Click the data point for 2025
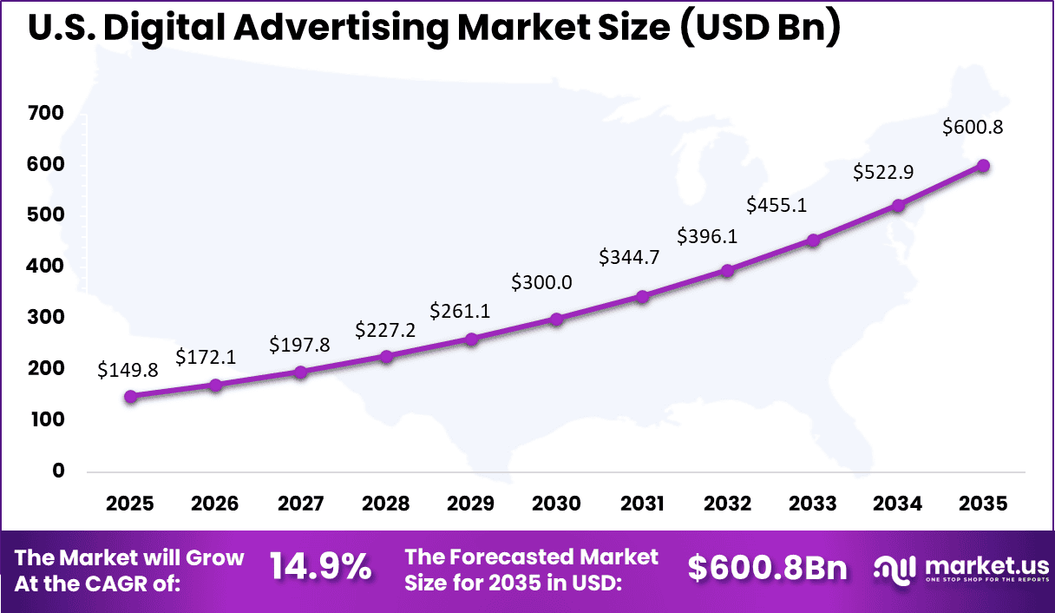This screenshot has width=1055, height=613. pos(130,396)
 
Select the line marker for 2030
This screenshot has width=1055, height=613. pos(557,319)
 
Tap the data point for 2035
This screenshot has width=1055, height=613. pos(983,166)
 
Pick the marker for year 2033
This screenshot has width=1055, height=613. pos(813,240)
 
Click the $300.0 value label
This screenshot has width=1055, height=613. pos(541,282)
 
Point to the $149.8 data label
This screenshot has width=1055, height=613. pos(127,371)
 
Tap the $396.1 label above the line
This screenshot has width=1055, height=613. pos(707,236)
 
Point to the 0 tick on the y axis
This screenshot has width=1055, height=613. pos(58,471)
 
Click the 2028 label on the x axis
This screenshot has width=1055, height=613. pos(386,504)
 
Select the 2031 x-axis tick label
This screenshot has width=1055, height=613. pos(642,504)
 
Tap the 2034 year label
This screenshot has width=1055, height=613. pos(898,504)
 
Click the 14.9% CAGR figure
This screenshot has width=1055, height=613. pos(320,569)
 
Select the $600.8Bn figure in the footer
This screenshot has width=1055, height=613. pos(767,569)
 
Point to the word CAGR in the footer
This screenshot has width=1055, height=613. pos(138,583)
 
